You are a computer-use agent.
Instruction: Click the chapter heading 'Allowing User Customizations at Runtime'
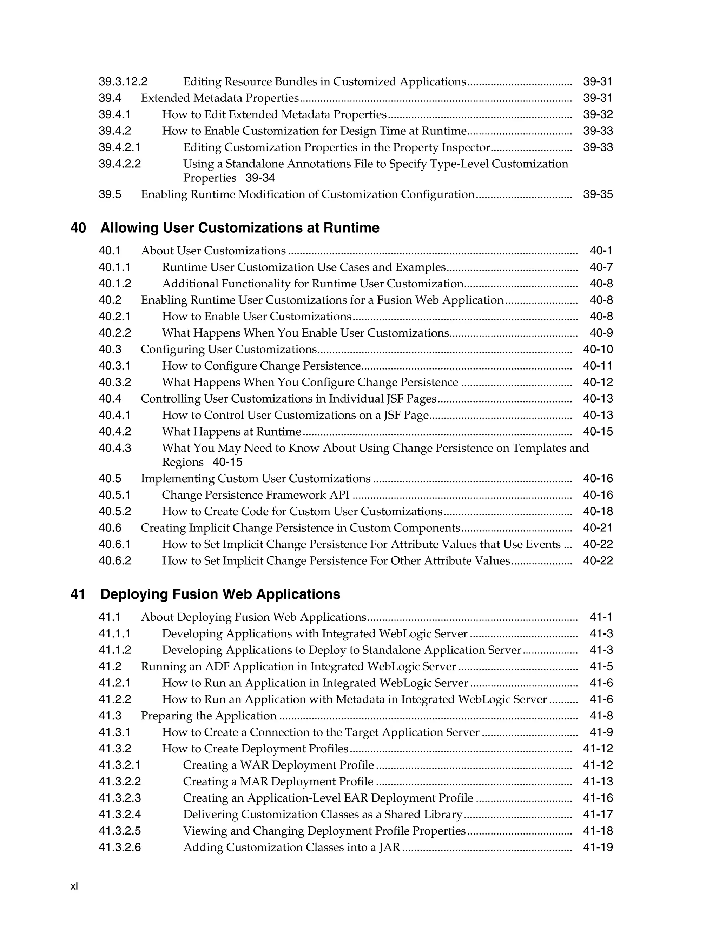pos(239,228)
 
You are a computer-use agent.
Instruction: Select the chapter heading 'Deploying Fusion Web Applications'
pos(220,594)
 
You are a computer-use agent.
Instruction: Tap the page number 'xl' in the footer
pos(74,886)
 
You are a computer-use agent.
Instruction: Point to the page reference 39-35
pos(598,195)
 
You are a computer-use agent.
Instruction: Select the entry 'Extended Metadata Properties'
pos(220,98)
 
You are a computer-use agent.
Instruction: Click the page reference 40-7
pos(601,267)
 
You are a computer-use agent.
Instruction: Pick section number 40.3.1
pos(114,366)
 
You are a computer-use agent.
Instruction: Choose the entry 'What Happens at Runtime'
pos(231,431)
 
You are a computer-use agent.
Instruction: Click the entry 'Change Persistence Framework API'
pos(256,495)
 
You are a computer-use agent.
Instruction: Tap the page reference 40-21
pos(598,527)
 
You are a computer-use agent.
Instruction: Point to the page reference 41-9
pos(601,732)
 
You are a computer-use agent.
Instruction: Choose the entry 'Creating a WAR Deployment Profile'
pos(278,765)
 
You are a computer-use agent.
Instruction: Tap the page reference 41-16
pos(598,798)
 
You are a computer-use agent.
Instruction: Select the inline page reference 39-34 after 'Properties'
pos(260,178)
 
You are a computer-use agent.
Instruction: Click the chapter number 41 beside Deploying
pos(78,594)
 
